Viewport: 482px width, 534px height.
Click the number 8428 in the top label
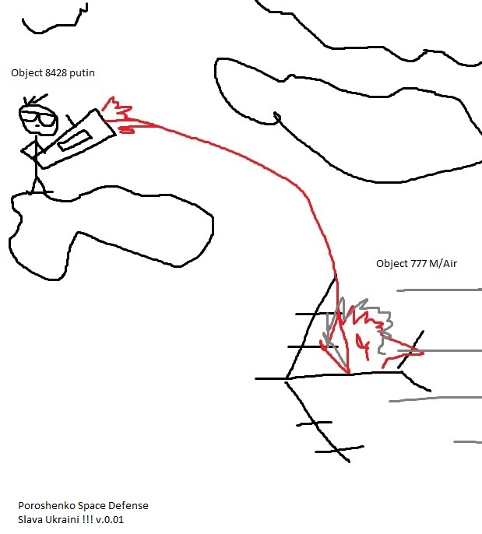point(56,73)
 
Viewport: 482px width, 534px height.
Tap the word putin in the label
point(82,73)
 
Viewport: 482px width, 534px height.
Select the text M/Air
point(443,264)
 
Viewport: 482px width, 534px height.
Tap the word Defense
point(128,506)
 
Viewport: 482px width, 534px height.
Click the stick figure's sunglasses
point(38,118)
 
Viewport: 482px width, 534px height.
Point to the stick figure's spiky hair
point(34,100)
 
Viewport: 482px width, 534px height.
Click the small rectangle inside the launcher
point(75,140)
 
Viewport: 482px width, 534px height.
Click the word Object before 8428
point(27,73)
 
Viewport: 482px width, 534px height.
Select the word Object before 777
point(392,265)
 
